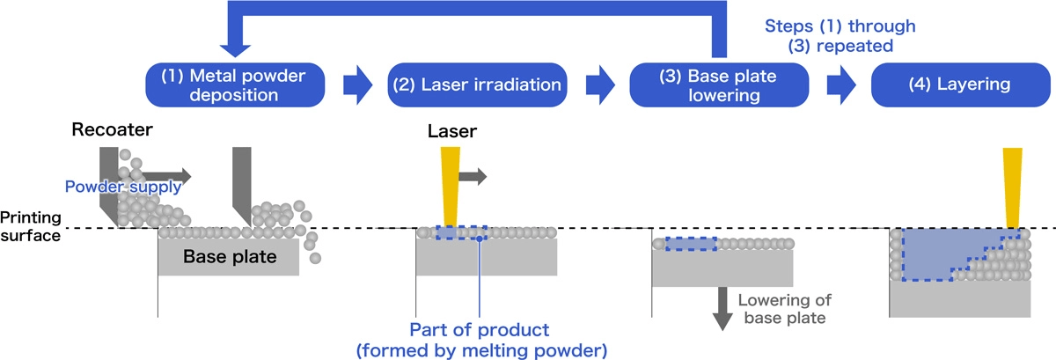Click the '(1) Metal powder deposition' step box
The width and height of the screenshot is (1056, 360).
(x=232, y=84)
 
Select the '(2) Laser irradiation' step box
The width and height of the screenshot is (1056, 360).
(x=476, y=84)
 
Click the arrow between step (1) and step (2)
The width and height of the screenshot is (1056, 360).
(x=357, y=84)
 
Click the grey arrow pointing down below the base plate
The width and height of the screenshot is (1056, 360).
(x=722, y=308)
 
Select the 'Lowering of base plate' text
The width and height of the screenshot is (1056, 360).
(x=781, y=309)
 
